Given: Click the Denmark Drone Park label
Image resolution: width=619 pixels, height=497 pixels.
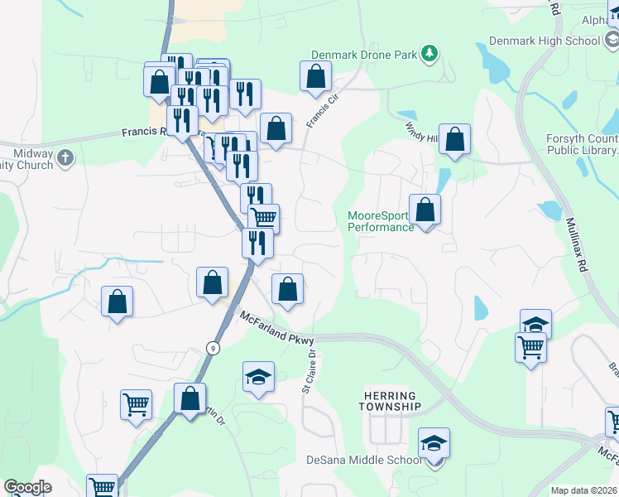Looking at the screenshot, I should click(363, 55).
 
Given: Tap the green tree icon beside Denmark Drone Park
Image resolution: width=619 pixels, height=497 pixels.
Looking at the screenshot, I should click(429, 55).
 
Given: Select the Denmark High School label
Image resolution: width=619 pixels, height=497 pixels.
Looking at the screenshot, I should click(544, 41).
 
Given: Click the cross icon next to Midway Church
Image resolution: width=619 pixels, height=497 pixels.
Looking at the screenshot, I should click(65, 155).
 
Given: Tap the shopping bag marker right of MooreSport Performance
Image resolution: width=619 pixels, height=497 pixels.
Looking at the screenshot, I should click(425, 210).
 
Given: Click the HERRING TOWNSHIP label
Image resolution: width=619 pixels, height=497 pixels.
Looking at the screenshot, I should click(391, 400).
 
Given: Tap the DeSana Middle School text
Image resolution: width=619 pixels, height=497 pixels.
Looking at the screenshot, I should click(363, 461).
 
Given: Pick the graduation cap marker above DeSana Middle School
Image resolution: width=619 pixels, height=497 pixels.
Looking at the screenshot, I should click(434, 444).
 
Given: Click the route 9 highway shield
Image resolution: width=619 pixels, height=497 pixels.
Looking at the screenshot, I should click(214, 349).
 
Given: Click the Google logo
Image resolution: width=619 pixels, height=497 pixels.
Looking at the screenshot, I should click(27, 487).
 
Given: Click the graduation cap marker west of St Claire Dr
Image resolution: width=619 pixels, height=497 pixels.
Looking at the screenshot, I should click(258, 377).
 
